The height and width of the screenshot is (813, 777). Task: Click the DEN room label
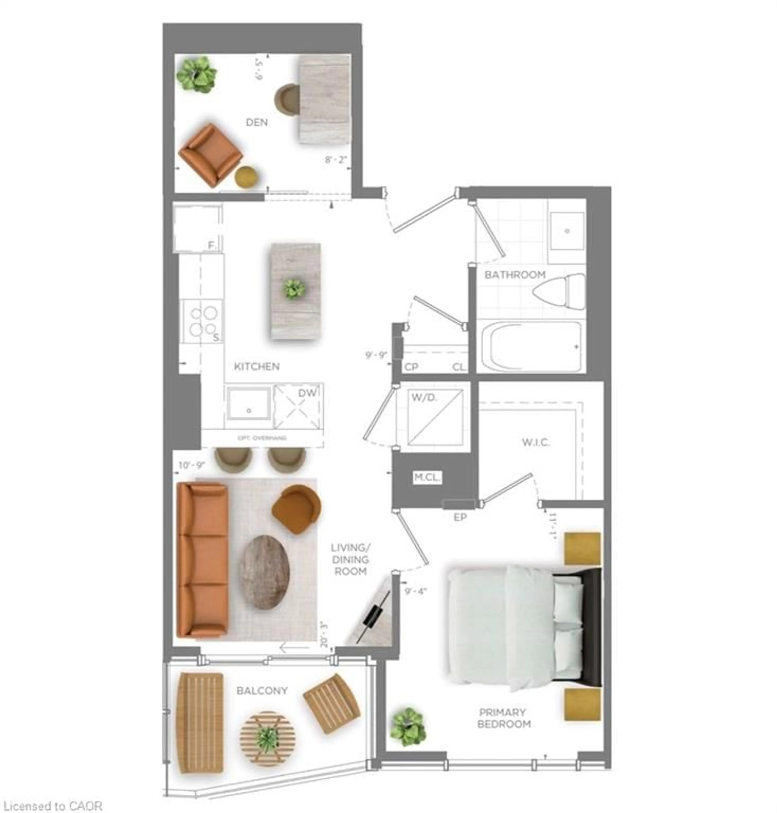coord(257,123)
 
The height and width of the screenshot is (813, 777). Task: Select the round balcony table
coord(267,739)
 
